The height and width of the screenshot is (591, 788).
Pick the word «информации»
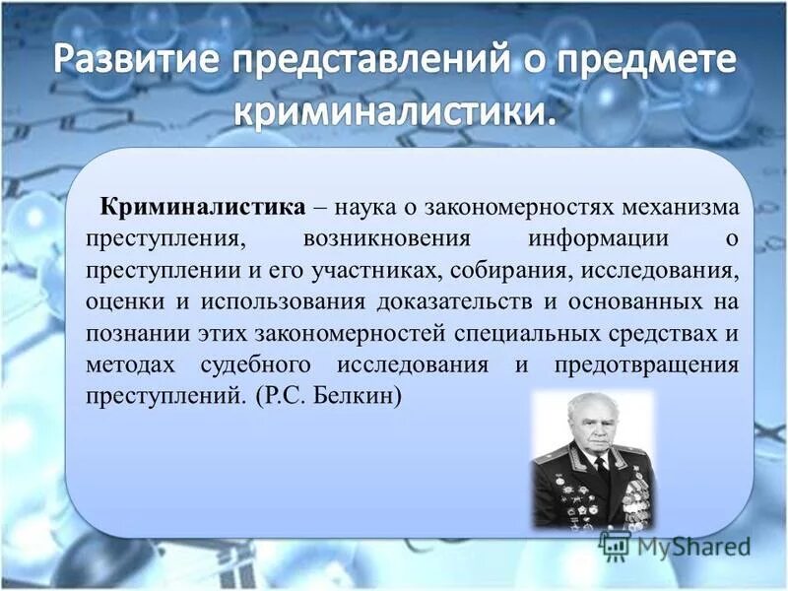(x=585, y=238)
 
